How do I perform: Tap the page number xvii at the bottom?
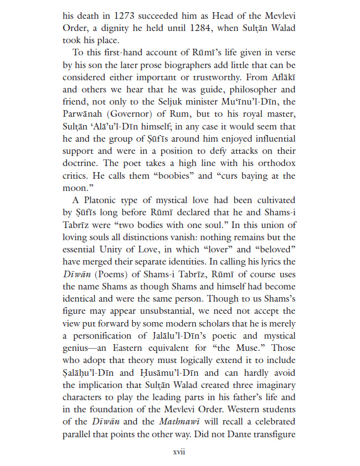179,452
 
